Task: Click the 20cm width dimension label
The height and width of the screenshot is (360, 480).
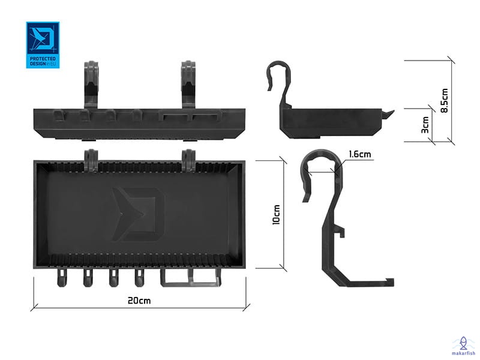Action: pyautogui.click(x=139, y=301)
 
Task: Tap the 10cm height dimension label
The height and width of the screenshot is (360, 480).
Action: pyautogui.click(x=276, y=215)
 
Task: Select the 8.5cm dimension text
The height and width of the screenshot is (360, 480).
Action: pyautogui.click(x=445, y=101)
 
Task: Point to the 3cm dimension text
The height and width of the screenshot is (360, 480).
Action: pyautogui.click(x=425, y=125)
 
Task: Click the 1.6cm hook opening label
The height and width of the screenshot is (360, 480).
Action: pyautogui.click(x=360, y=154)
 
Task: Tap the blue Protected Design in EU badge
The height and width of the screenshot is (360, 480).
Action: pyautogui.click(x=43, y=45)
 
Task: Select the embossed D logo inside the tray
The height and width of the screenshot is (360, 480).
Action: pyautogui.click(x=138, y=214)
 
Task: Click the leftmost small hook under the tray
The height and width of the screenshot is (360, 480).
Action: pyautogui.click(x=62, y=278)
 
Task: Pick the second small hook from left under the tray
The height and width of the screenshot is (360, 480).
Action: pyautogui.click(x=88, y=278)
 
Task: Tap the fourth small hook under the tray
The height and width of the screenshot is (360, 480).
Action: pyautogui.click(x=139, y=278)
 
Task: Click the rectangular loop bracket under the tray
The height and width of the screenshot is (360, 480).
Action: pyautogui.click(x=190, y=278)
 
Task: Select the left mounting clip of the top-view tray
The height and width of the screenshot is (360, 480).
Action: pyautogui.click(x=91, y=160)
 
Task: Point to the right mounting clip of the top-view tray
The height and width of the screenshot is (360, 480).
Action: pyautogui.click(x=188, y=160)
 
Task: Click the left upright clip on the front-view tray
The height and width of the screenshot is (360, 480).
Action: pyautogui.click(x=91, y=85)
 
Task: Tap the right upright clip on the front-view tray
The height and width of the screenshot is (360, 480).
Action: pyautogui.click(x=188, y=85)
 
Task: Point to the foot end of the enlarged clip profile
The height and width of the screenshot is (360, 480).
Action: pyautogui.click(x=389, y=282)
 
